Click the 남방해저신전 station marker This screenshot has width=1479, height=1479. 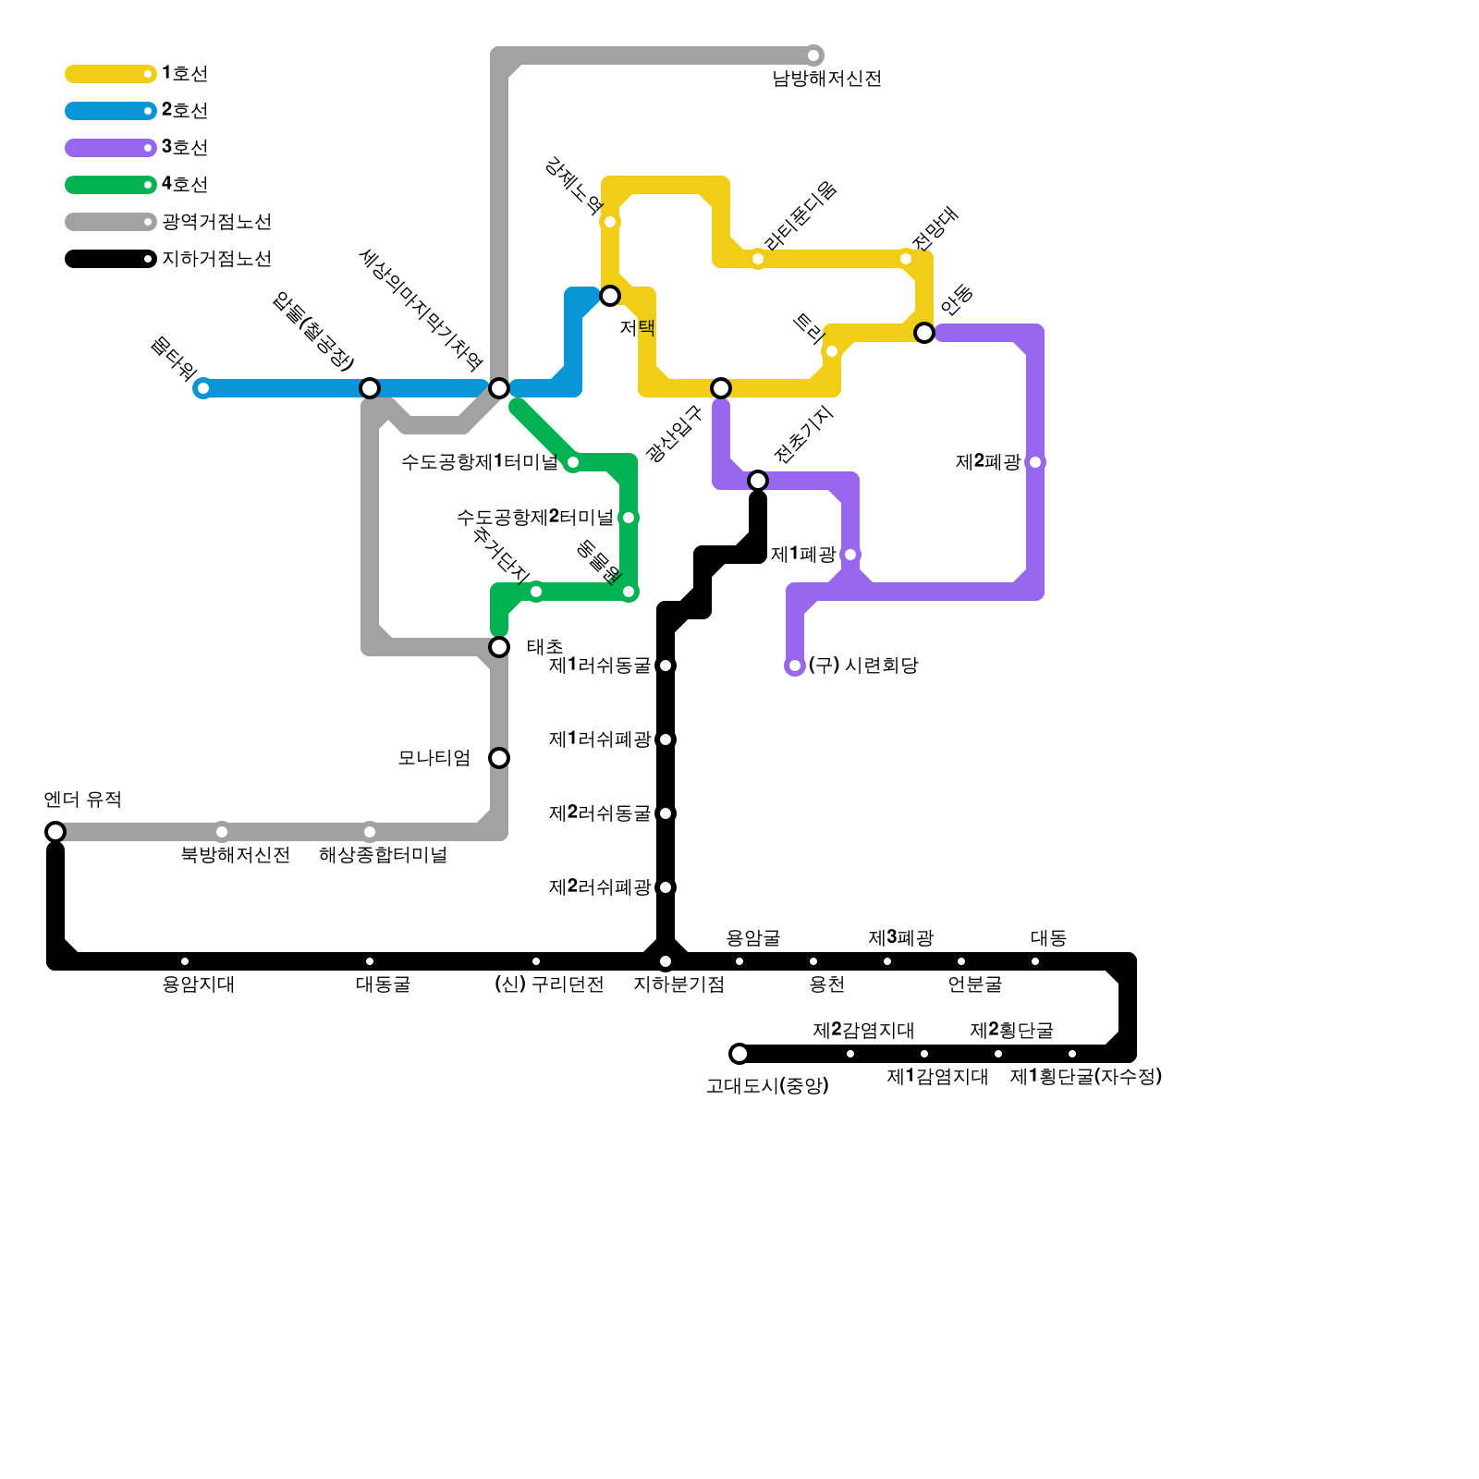pyautogui.click(x=813, y=55)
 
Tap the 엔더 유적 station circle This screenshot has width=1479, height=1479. pyautogui.click(x=55, y=832)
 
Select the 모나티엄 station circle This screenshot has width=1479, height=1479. pyautogui.click(x=499, y=758)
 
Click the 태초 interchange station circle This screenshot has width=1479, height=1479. pyautogui.click(x=499, y=647)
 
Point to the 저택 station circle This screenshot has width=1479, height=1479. pyautogui.click(x=610, y=296)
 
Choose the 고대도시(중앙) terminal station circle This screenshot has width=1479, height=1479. pyautogui.click(x=739, y=1054)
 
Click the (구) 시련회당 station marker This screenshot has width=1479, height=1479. pyautogui.click(x=795, y=666)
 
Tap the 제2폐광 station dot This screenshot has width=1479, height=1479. pyautogui.click(x=1035, y=462)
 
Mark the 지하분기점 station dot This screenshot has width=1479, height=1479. pyautogui.click(x=666, y=961)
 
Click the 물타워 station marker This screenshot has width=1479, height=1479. pyautogui.click(x=203, y=388)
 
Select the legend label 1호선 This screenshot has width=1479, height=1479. pyautogui.click(x=185, y=74)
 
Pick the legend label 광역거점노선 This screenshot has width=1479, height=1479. pyautogui.click(x=216, y=222)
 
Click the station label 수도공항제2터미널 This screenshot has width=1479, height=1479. pyautogui.click(x=534, y=518)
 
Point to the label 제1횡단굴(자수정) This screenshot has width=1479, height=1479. pyautogui.click(x=1085, y=1077)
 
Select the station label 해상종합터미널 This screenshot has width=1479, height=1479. pyautogui.click(x=383, y=855)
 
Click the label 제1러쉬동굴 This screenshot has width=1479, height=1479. pyautogui.click(x=599, y=666)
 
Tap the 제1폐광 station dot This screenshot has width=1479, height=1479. pyautogui.click(x=850, y=555)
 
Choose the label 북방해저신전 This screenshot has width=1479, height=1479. pyautogui.click(x=235, y=855)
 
